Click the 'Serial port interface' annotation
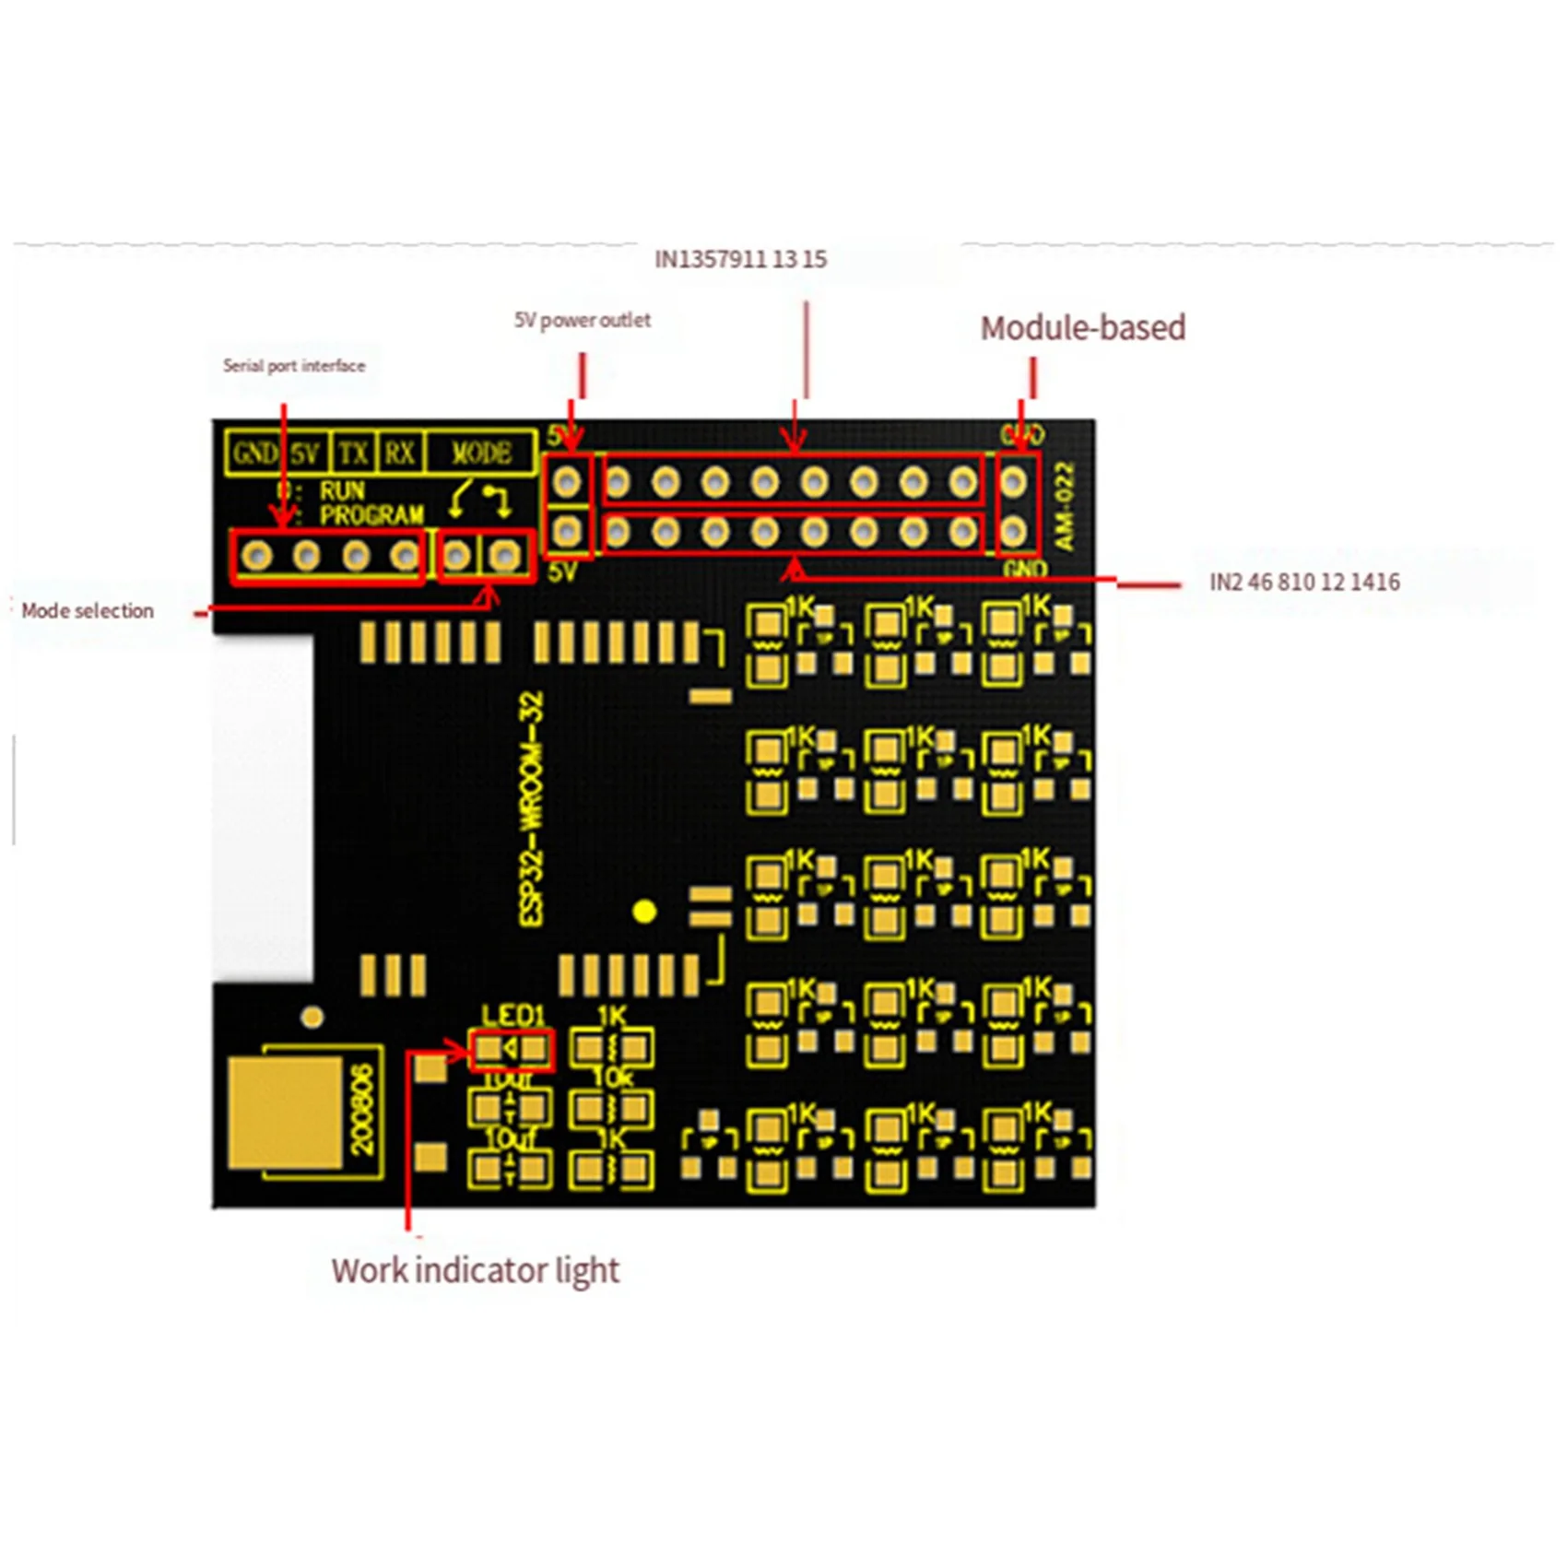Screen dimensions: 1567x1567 pyautogui.click(x=293, y=366)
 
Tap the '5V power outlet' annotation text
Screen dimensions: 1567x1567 pyautogui.click(x=582, y=320)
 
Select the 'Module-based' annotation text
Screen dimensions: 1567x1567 pyautogui.click(x=1082, y=328)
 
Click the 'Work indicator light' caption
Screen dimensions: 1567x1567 pyautogui.click(x=475, y=1270)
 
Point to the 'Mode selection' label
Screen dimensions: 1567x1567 pyautogui.click(x=88, y=610)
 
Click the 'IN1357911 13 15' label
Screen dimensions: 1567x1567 pyautogui.click(x=740, y=259)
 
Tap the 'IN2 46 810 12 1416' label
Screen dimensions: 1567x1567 pyautogui.click(x=1303, y=582)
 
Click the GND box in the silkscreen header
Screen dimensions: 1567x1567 pyautogui.click(x=254, y=454)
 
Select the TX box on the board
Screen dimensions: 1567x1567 pyautogui.click(x=353, y=454)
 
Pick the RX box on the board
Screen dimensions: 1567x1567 pyautogui.click(x=400, y=454)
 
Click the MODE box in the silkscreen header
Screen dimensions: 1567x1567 pyautogui.click(x=481, y=454)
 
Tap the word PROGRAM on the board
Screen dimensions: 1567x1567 pyautogui.click(x=371, y=515)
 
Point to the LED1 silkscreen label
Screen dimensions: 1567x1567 pyautogui.click(x=513, y=1016)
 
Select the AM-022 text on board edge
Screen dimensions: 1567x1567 pyautogui.click(x=1065, y=506)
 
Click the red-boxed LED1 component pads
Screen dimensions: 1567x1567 pyautogui.click(x=512, y=1049)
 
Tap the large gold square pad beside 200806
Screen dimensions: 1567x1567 pyautogui.click(x=286, y=1112)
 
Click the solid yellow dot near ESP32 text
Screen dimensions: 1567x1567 pyautogui.click(x=644, y=912)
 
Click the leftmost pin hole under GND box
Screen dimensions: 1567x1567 pyautogui.click(x=256, y=556)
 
